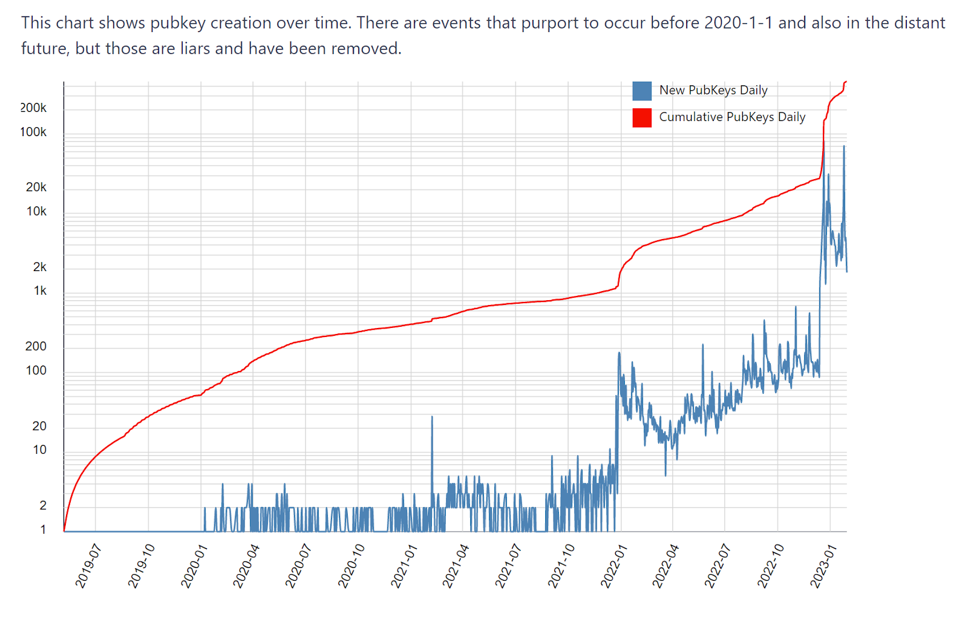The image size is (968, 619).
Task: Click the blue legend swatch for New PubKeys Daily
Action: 641,91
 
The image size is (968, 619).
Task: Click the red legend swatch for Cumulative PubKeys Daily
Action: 641,117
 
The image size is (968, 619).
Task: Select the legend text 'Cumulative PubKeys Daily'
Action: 732,117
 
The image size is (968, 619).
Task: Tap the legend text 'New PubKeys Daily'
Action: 713,91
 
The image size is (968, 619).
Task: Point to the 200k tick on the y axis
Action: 33,108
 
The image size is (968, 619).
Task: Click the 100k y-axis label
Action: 33,133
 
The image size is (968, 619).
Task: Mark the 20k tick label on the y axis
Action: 36,188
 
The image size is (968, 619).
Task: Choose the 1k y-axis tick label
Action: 40,291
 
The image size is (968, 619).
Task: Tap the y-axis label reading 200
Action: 36,347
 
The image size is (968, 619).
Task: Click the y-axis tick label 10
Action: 39,450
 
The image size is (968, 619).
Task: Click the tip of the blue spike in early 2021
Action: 432,416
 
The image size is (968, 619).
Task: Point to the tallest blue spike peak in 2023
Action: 844,146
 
